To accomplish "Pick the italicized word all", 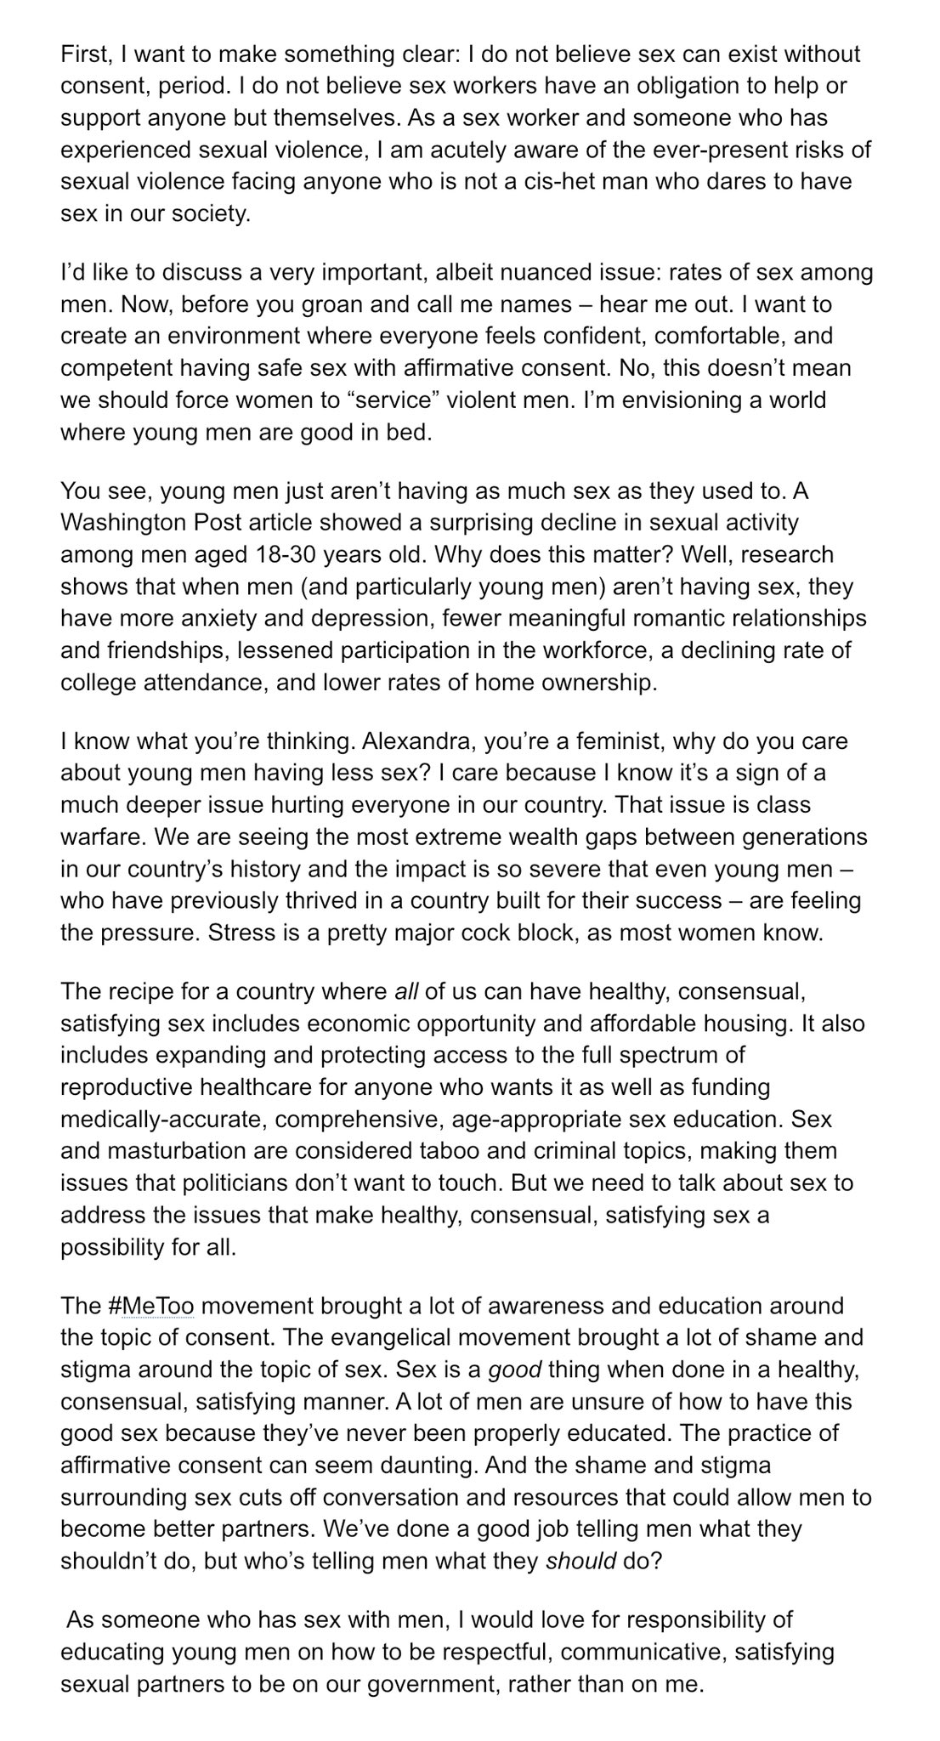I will pos(406,992).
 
